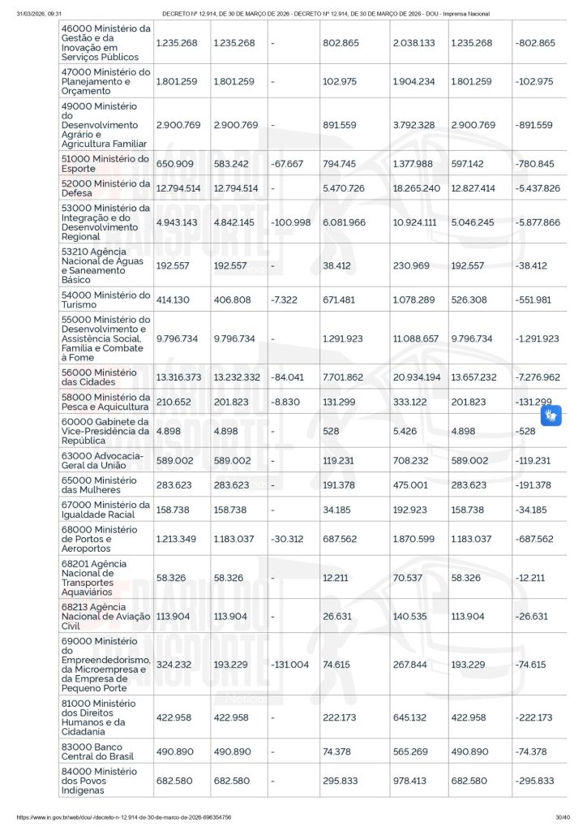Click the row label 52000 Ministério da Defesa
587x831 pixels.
pyautogui.click(x=105, y=188)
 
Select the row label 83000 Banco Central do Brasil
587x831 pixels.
pyautogui.click(x=105, y=751)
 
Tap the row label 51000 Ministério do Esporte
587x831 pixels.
pyautogui.click(x=105, y=164)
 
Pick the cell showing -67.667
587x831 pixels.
pyautogui.click(x=287, y=164)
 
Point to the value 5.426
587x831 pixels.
pyautogui.click(x=405, y=431)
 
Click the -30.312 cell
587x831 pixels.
pyautogui.click(x=288, y=539)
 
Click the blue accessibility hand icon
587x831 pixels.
pyautogui.click(x=551, y=416)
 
